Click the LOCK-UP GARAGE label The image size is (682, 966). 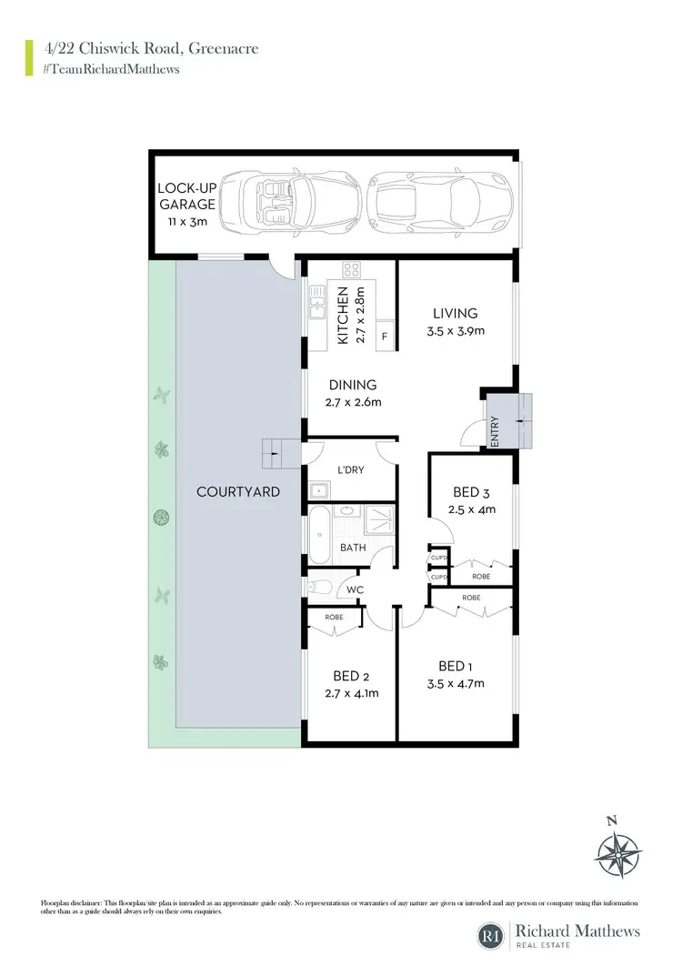(x=186, y=196)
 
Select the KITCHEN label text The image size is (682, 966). (x=344, y=315)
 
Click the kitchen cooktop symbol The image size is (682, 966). (x=352, y=269)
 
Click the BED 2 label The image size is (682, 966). (x=351, y=676)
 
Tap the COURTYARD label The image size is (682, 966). (x=238, y=491)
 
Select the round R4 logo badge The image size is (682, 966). (x=492, y=935)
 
